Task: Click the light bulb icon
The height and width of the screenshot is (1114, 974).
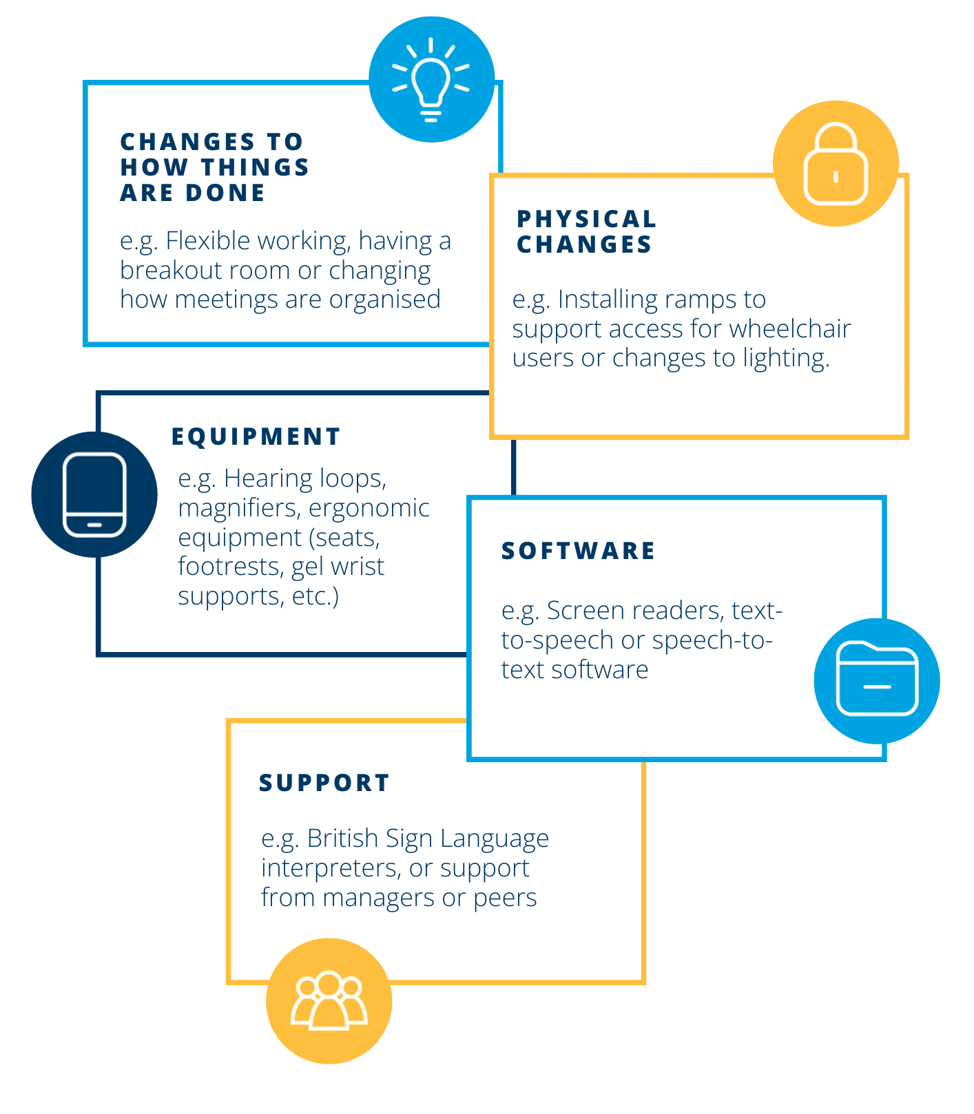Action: coord(431,80)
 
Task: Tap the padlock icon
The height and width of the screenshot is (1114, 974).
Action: coord(836,165)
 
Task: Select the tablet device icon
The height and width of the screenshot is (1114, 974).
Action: coord(94,494)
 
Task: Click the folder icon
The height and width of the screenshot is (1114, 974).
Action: coord(877,680)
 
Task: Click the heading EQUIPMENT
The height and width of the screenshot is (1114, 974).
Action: coord(256,437)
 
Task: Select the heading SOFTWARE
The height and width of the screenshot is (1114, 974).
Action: coord(579,551)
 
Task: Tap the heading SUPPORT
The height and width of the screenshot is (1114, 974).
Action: coord(324,783)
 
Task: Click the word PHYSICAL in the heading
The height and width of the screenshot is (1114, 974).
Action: coord(587,219)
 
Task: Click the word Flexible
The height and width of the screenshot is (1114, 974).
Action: coord(211,241)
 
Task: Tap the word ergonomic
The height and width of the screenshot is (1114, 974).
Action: coord(369,508)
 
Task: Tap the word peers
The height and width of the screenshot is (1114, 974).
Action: coord(504,898)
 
